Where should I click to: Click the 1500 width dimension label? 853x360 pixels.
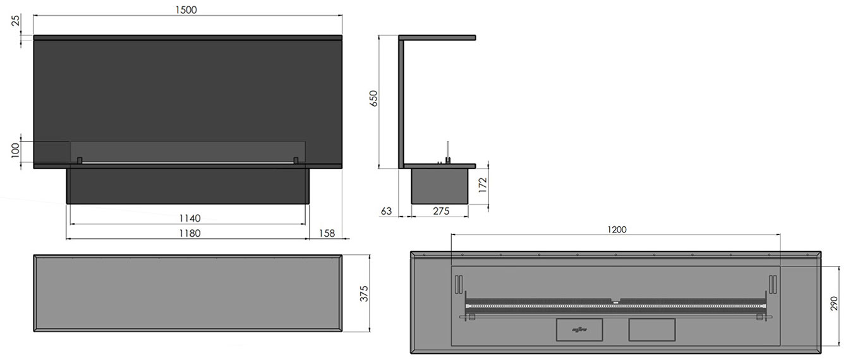click(x=186, y=10)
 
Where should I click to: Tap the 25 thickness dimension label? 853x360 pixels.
click(x=16, y=20)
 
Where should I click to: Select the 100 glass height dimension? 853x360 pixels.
click(x=15, y=150)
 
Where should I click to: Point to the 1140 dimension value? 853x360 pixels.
click(x=190, y=218)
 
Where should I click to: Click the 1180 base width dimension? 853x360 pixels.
click(x=190, y=233)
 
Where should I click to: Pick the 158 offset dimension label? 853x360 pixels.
click(x=327, y=233)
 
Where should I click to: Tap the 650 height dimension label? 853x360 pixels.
click(x=373, y=98)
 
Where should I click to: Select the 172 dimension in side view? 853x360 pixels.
click(x=483, y=185)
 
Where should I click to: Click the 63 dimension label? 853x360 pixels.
click(x=386, y=211)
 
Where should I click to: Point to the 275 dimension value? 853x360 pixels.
click(x=441, y=211)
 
